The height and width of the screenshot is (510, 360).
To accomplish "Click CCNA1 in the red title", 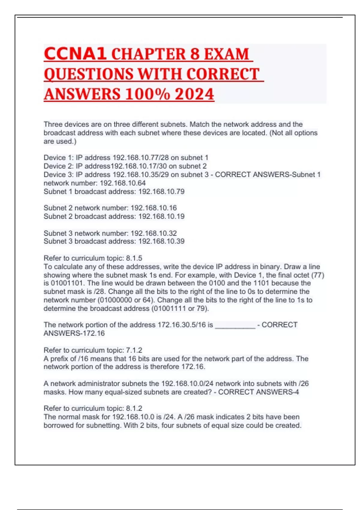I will pos(75,54).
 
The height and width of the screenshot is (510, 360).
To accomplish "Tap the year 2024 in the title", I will pos(194,94).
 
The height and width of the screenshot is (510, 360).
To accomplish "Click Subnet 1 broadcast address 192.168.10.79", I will pos(161,192).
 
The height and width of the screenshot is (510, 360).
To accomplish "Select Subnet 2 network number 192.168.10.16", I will pos(154,208).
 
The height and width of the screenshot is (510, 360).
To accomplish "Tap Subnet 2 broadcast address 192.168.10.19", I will pos(161,216).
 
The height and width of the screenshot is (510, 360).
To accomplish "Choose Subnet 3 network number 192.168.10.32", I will pos(154,233).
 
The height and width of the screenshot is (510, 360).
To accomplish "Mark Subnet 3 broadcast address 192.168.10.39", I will pos(161,241).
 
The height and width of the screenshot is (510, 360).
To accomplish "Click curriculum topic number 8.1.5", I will pos(134,258).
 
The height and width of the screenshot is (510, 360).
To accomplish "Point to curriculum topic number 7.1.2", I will pos(134,350).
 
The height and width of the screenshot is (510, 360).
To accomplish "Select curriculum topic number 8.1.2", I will pos(134,408).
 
